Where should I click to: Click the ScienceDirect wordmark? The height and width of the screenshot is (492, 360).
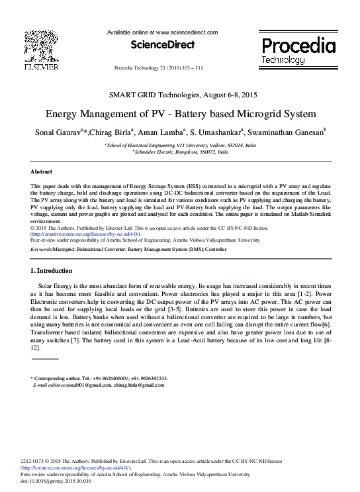[x=162, y=45]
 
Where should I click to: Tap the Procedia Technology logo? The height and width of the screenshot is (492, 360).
[x=298, y=50]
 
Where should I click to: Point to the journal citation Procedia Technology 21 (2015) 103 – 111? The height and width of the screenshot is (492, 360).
[x=159, y=68]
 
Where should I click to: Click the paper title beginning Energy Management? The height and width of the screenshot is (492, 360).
[x=181, y=113]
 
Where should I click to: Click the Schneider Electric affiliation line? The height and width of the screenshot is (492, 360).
[x=180, y=152]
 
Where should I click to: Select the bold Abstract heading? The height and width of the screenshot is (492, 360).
[x=42, y=171]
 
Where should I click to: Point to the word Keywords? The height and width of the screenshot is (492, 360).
[x=42, y=249]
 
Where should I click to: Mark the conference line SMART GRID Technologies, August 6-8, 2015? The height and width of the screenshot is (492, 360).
[x=181, y=95]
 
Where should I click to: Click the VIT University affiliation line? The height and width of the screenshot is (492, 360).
[x=181, y=145]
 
